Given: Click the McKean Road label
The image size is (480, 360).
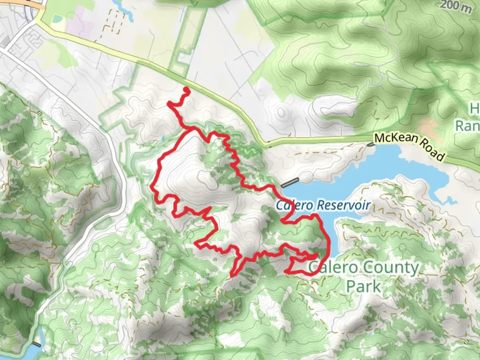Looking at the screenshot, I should (409, 146).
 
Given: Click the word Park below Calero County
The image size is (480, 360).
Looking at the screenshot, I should (363, 286).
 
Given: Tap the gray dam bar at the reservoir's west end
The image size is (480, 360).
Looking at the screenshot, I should (290, 183).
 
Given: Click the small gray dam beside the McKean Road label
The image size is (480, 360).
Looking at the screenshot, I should (370, 144).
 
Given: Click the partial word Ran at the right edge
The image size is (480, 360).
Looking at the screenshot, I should (467, 126).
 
